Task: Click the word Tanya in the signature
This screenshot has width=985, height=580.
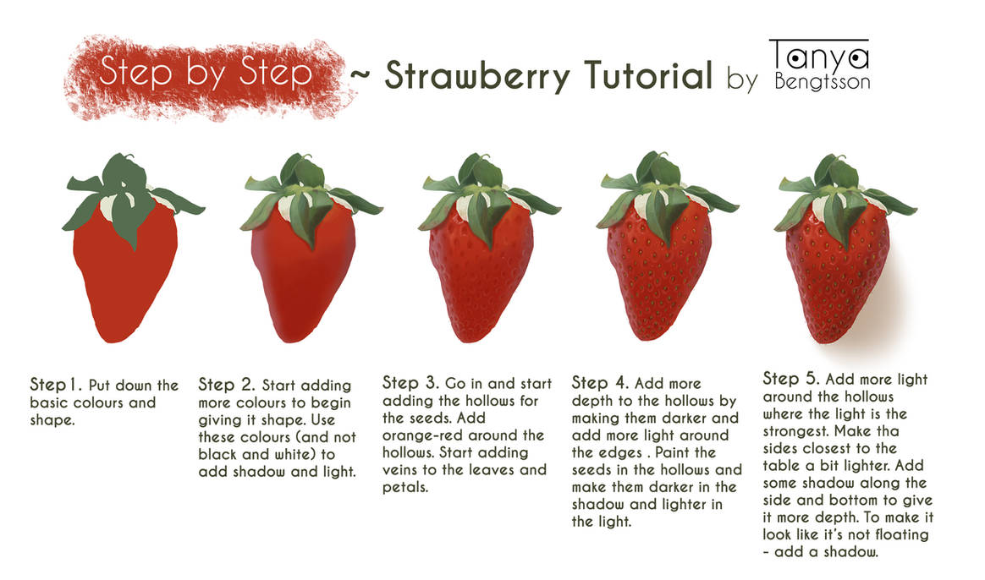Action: point(819,57)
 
